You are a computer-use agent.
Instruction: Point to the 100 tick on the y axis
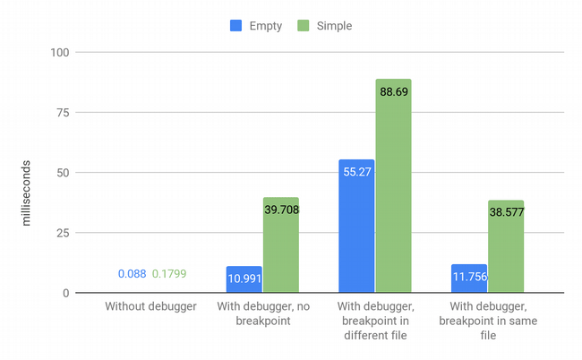click(x=59, y=52)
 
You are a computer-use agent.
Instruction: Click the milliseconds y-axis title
click(x=26, y=190)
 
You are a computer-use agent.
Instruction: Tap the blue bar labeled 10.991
click(x=244, y=279)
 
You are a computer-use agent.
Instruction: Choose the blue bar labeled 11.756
click(x=469, y=279)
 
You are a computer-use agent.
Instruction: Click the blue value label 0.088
click(x=132, y=273)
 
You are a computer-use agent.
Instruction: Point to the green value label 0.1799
click(x=169, y=273)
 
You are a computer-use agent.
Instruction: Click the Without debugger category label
click(x=150, y=307)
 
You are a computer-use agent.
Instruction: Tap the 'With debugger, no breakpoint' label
click(x=262, y=314)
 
